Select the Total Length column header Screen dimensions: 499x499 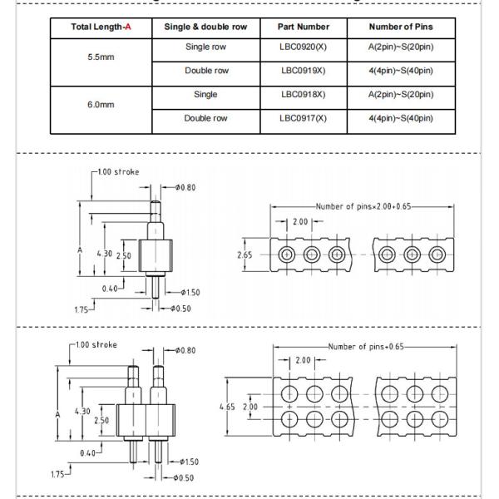101,27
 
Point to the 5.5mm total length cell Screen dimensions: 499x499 101,58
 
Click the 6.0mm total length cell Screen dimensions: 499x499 101,106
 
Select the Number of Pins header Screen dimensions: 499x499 402,27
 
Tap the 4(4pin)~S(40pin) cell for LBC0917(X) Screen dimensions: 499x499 402,118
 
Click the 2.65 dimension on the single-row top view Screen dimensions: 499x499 244,254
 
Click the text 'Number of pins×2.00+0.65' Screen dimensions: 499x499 363,205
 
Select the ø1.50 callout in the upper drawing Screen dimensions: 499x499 190,292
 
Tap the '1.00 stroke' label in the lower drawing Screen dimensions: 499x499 95,344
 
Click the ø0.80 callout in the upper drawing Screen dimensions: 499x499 183,187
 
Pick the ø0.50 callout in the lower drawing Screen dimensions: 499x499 184,477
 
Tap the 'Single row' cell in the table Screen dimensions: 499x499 205,47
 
